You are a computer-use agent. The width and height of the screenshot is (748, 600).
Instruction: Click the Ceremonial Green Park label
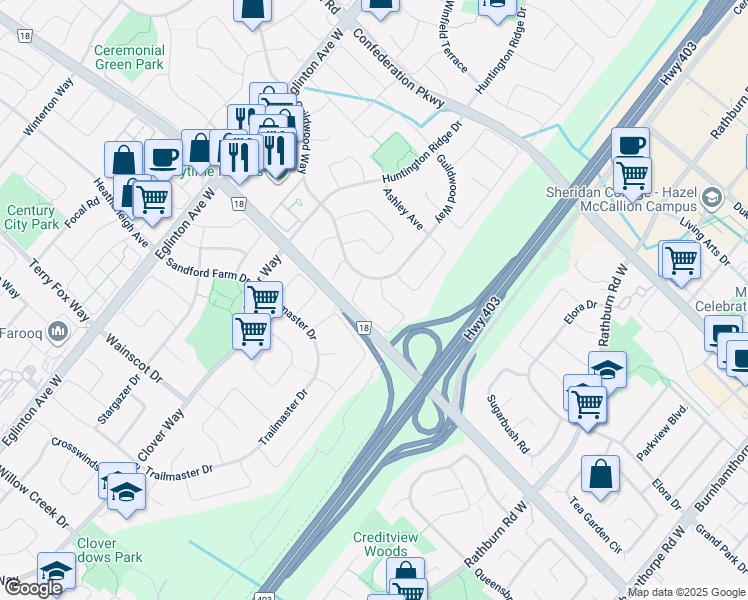[x=129, y=57]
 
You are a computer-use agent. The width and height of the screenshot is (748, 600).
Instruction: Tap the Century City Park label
[x=31, y=218]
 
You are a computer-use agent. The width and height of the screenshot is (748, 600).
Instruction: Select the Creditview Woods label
[x=380, y=544]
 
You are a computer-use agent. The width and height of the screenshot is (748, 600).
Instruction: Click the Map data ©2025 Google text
[x=686, y=592]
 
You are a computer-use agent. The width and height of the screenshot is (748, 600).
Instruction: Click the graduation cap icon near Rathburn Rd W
[x=607, y=370]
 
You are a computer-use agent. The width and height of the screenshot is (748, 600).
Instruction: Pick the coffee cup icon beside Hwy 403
[x=631, y=144]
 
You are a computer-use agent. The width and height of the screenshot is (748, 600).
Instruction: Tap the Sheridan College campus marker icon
[x=712, y=195]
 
